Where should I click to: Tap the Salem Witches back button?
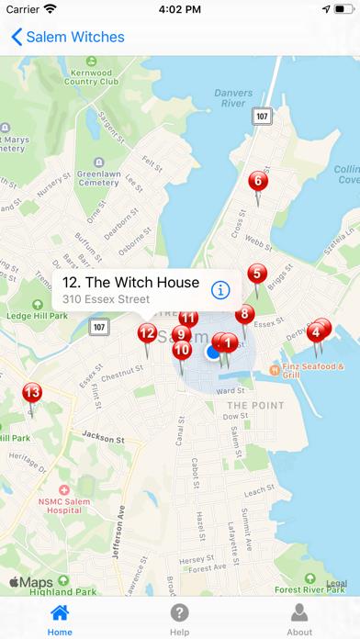coord(66,38)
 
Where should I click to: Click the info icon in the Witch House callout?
coord(219,290)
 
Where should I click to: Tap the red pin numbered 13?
coord(32,394)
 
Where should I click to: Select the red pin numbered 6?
coord(257,182)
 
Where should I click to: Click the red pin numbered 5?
coord(258,275)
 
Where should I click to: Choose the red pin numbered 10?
coord(182,350)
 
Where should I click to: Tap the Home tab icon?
coord(60,613)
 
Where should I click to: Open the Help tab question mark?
coord(180,613)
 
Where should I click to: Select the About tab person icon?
coord(299,613)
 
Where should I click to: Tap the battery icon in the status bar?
coord(336,10)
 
